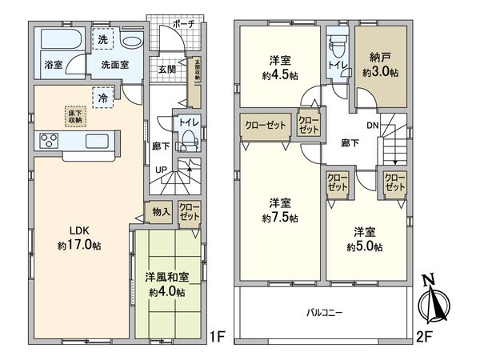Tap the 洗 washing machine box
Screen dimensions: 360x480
tap(104, 38)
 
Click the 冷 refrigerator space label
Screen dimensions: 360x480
tap(104, 98)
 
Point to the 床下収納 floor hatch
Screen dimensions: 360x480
tap(74, 117)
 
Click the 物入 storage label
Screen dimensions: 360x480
tap(160, 212)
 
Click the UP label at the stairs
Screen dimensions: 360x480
tap(161, 170)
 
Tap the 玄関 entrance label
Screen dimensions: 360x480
tap(167, 69)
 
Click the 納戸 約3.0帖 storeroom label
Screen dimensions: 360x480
tap(378, 65)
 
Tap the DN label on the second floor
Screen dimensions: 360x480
tap(373, 126)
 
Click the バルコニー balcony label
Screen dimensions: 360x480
tap(323, 313)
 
